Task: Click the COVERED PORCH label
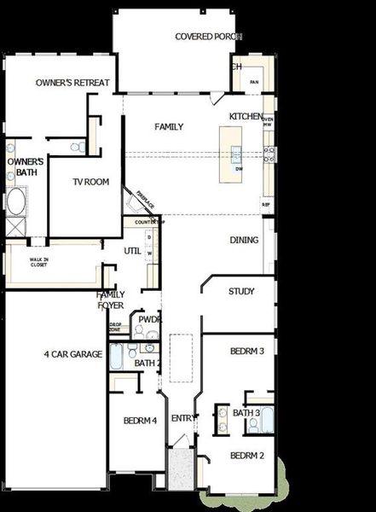208,37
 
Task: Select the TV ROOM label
90,182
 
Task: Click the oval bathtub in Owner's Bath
16,202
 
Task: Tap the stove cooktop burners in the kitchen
269,154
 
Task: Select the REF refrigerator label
266,206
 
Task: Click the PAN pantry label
254,82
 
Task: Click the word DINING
244,241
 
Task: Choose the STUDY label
241,292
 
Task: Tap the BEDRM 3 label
247,351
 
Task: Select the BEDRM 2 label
247,457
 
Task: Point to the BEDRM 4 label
140,421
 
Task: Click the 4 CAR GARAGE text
73,354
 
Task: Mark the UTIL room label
132,251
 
